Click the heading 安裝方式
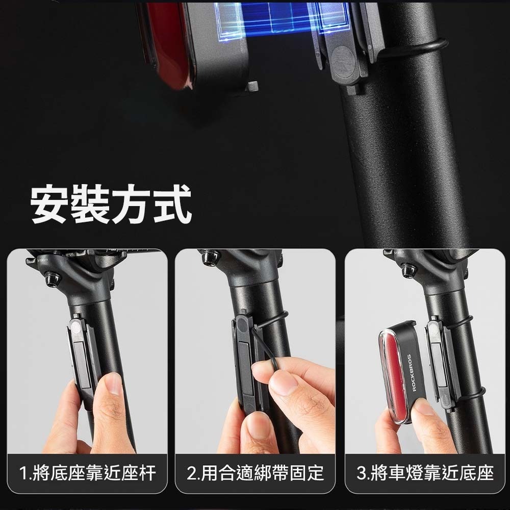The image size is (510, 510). (111, 203)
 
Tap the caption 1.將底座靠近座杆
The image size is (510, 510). (87, 473)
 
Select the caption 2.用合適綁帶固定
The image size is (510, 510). (256, 473)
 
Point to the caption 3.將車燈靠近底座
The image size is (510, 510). (425, 473)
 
